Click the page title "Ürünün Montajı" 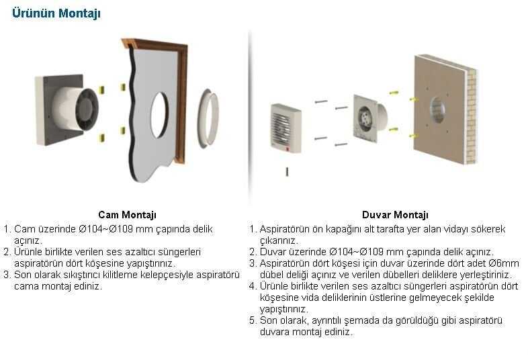(x=56, y=13)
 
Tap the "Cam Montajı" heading (x=127, y=215)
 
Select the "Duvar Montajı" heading (x=395, y=215)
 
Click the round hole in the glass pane (x=159, y=114)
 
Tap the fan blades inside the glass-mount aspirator (x=86, y=109)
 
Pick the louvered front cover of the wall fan (x=285, y=128)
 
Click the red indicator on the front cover (x=288, y=148)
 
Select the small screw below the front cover (x=287, y=171)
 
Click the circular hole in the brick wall (x=437, y=110)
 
